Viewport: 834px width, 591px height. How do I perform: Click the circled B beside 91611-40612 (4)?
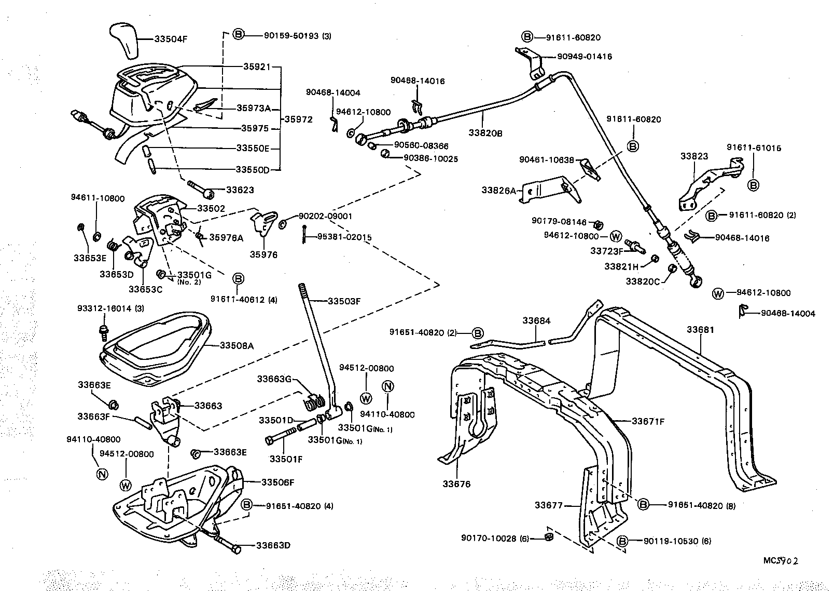[238, 279]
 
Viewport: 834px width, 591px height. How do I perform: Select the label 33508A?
[237, 345]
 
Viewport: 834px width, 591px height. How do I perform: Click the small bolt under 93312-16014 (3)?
[103, 330]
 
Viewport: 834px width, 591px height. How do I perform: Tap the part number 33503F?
[343, 300]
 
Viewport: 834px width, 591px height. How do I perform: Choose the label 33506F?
[277, 482]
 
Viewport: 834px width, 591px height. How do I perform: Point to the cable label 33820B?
[485, 133]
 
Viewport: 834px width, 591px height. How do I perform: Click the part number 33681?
[701, 329]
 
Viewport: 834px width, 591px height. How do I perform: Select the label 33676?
[456, 484]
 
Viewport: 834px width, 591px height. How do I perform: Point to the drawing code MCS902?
[780, 561]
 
